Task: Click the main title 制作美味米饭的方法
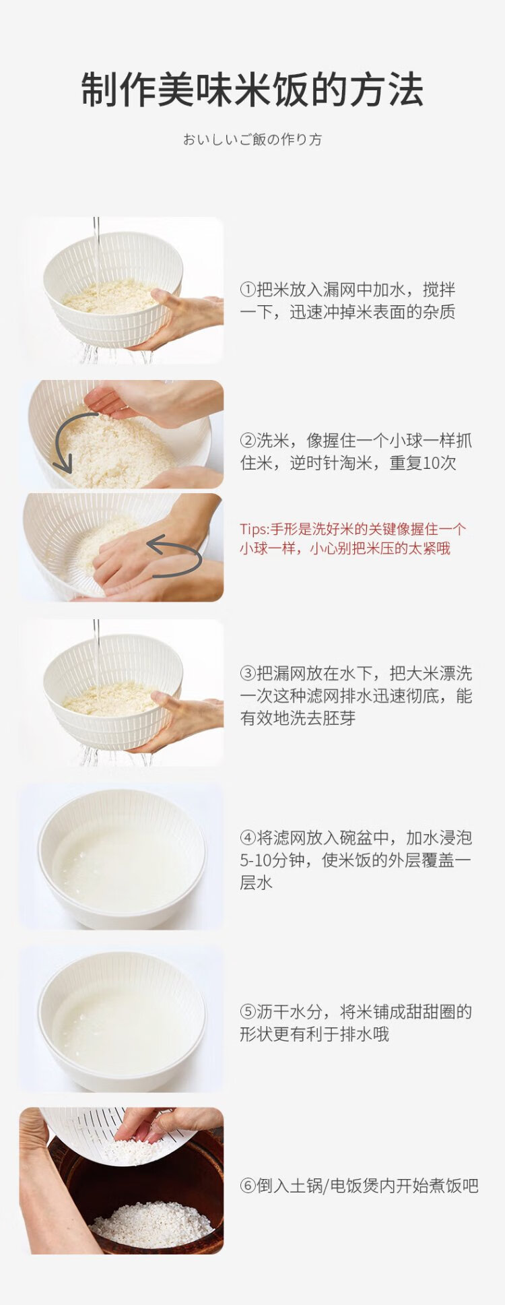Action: (252, 90)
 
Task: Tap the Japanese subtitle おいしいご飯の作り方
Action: (252, 139)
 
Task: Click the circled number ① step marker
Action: (248, 290)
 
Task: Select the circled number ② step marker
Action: (248, 441)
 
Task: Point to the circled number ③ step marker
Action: (248, 674)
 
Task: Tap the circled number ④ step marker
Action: (248, 838)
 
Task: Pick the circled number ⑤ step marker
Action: (248, 1012)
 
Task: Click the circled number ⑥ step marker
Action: (248, 1186)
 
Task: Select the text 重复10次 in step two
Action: (423, 464)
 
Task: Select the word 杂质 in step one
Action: (439, 312)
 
